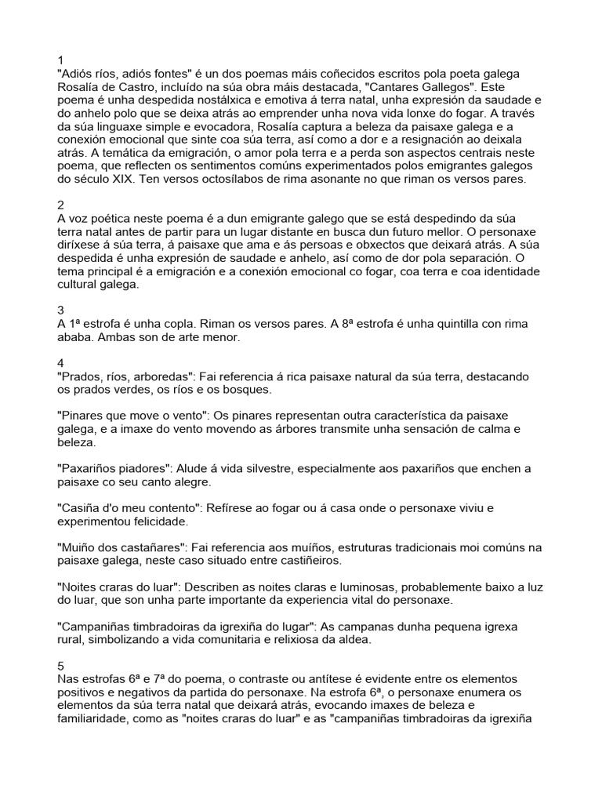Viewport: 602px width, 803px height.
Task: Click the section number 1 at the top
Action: click(x=60, y=60)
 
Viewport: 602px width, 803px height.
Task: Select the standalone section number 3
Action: click(x=60, y=311)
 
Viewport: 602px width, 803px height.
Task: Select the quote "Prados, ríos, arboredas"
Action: click(x=125, y=376)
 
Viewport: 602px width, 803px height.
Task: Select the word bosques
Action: click(x=247, y=390)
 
